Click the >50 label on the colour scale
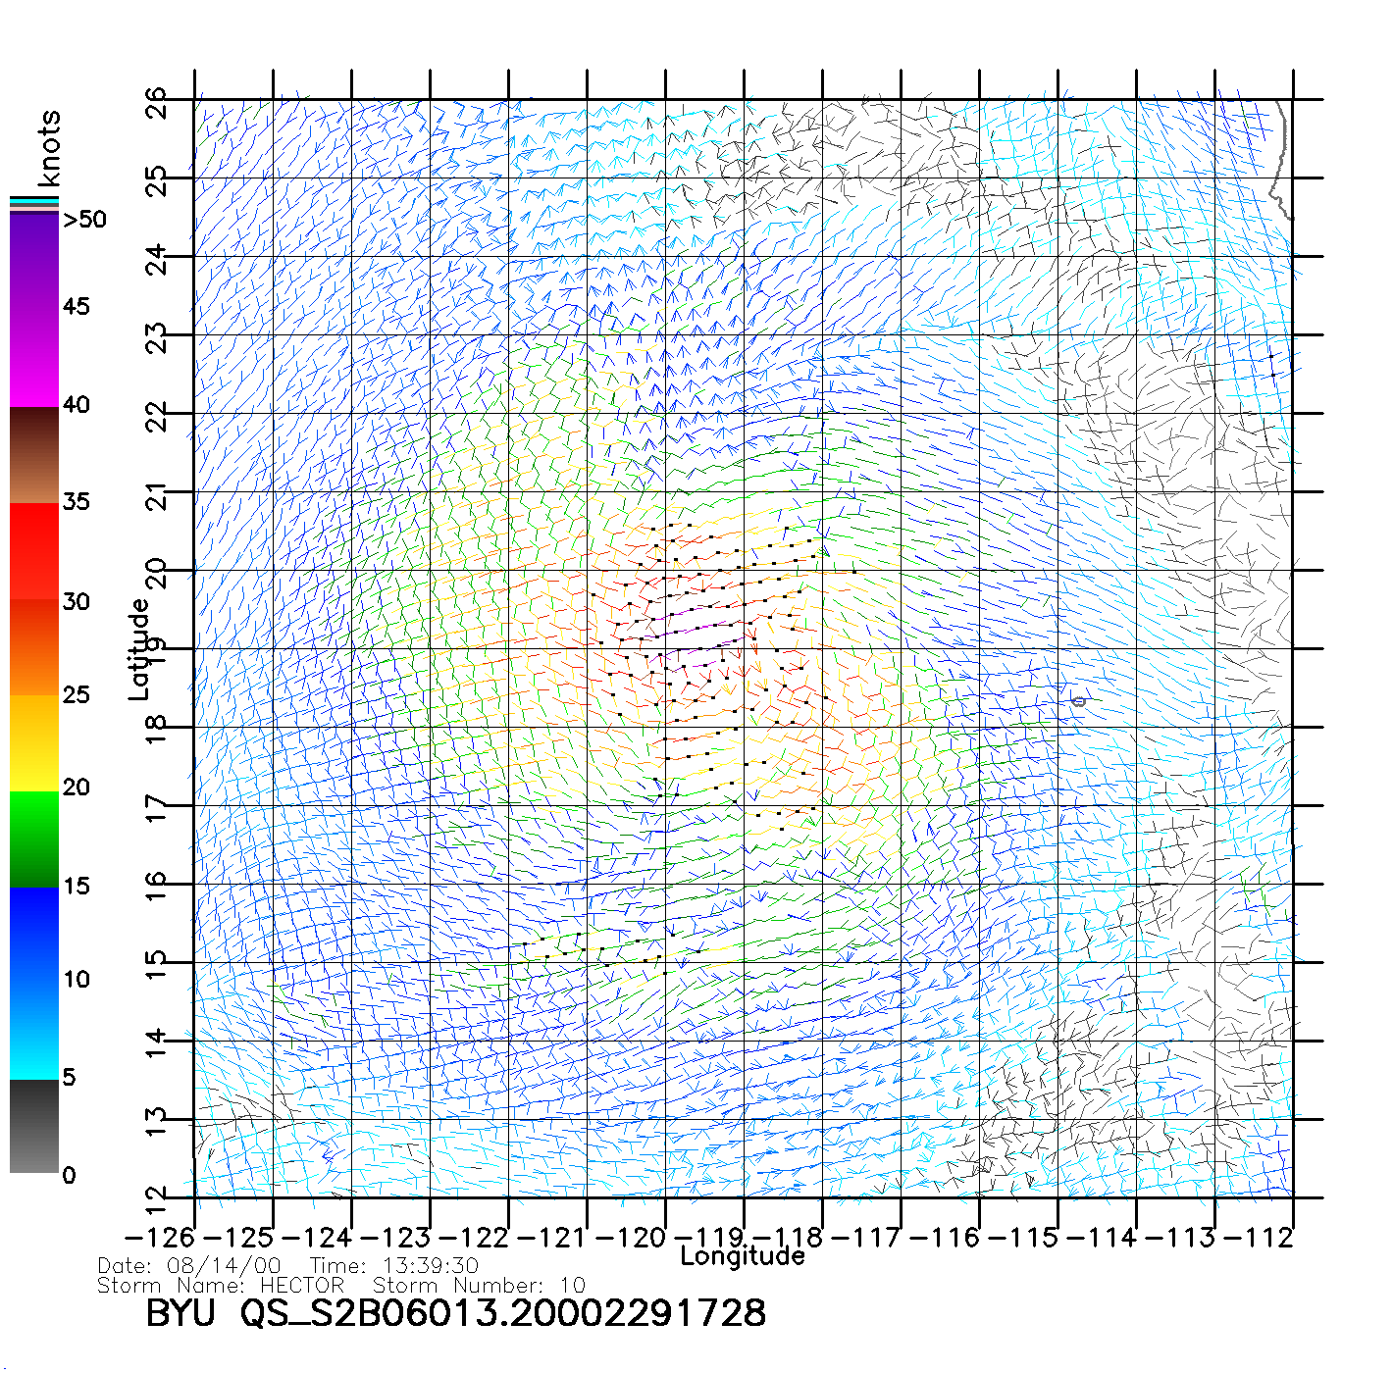click(x=84, y=220)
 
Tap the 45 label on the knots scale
click(x=76, y=307)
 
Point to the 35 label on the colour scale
click(x=76, y=502)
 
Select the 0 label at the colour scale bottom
click(x=69, y=1175)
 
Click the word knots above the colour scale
click(x=49, y=148)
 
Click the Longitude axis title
click(x=742, y=1256)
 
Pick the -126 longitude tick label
click(x=160, y=1238)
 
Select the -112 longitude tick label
click(x=1259, y=1238)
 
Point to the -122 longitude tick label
click(x=474, y=1238)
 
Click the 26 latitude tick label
click(x=157, y=103)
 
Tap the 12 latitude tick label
click(x=157, y=1199)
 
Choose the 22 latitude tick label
click(x=157, y=417)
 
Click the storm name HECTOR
click(x=302, y=1285)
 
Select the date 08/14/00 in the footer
click(x=224, y=1266)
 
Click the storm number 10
click(x=573, y=1285)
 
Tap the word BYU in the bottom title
click(x=180, y=1313)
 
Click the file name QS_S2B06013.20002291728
click(x=503, y=1313)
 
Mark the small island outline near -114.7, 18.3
click(x=1079, y=701)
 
